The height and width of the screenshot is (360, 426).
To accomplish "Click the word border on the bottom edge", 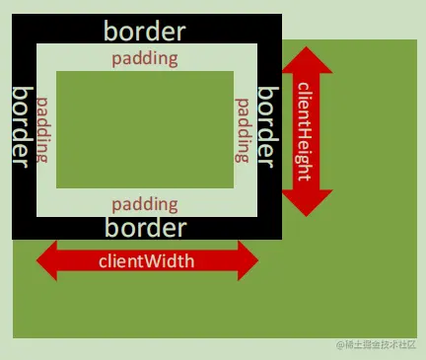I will tap(145, 229).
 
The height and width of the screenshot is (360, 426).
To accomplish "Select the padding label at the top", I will tap(145, 57).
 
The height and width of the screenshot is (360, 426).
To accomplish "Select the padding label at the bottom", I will tap(145, 204).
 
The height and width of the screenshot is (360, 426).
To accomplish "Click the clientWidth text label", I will tap(146, 261).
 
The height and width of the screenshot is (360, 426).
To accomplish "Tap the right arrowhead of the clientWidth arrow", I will tap(248, 261).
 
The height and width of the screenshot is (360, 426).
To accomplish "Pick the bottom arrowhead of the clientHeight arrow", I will tap(307, 203).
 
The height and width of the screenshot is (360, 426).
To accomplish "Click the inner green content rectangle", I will tap(145, 129).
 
